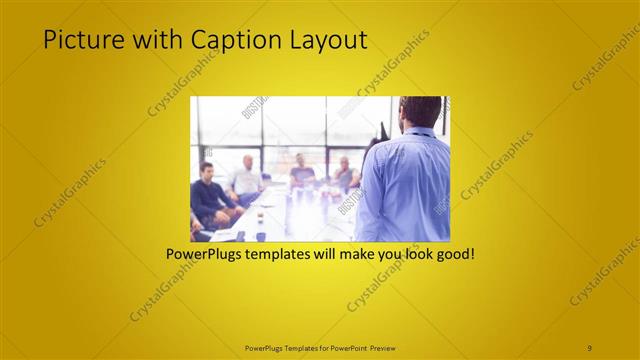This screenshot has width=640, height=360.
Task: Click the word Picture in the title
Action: (x=78, y=40)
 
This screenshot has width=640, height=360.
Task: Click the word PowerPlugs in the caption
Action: (x=206, y=254)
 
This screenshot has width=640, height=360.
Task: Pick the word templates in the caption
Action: (x=288, y=254)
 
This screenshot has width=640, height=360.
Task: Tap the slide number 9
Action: (x=590, y=347)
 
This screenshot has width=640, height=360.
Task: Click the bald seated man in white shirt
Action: (x=245, y=180)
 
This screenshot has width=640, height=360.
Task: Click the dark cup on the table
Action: (x=260, y=236)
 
